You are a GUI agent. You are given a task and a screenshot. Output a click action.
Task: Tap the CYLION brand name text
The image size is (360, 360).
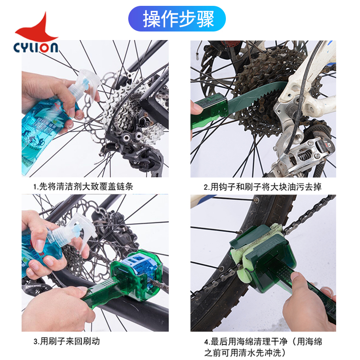(36, 47)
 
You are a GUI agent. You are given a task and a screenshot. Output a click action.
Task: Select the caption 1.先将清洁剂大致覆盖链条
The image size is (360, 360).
(83, 185)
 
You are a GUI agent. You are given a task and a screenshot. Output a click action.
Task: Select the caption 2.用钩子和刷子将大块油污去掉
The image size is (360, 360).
(263, 185)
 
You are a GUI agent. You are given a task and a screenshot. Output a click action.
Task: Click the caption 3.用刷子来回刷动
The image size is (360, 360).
(67, 341)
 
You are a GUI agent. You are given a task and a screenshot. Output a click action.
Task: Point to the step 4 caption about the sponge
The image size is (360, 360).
(263, 346)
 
